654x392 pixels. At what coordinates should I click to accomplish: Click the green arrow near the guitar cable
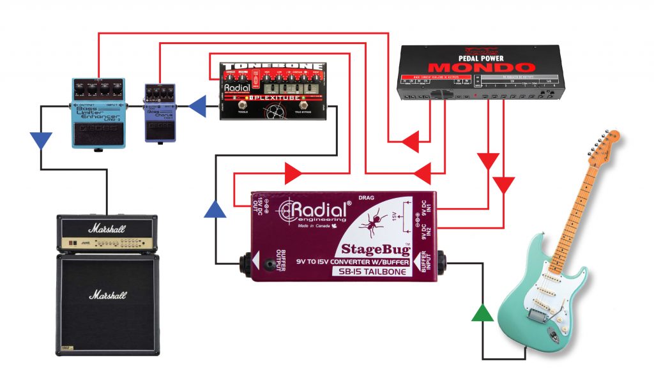click(x=483, y=313)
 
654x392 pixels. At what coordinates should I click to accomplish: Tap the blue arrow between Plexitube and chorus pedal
click(x=197, y=104)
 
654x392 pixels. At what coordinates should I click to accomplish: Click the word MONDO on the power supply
click(x=482, y=67)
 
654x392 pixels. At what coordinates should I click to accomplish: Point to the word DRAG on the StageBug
click(x=367, y=197)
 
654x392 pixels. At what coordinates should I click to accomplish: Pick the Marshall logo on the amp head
click(x=107, y=228)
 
